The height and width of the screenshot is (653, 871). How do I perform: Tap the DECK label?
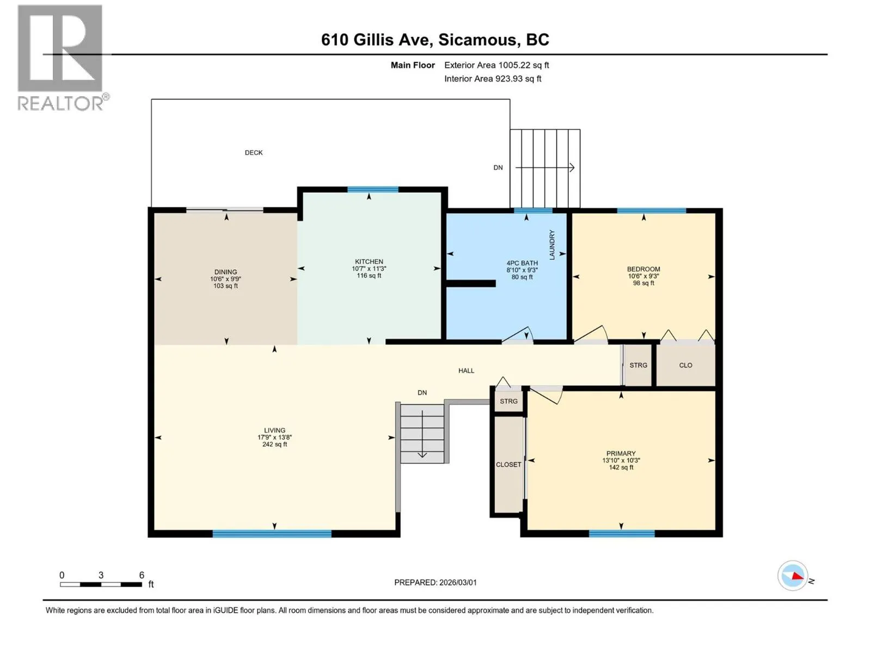coord(254,153)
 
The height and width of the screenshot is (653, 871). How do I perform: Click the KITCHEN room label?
coord(369,262)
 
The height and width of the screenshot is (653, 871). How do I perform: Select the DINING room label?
coord(225,272)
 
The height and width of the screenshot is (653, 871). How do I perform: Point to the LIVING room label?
coord(274,430)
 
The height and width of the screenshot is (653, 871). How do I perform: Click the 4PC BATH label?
coord(522,263)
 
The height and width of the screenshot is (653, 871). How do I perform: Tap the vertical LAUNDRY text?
coord(551,245)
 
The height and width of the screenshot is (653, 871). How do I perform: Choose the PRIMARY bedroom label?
coord(621,453)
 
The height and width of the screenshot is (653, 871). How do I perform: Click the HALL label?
coord(466,371)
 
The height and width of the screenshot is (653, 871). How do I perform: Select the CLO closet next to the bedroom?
coord(685,365)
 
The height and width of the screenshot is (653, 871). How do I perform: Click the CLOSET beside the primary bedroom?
coord(508,464)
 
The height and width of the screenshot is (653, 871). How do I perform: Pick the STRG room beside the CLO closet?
coord(637,365)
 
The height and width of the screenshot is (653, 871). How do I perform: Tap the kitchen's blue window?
coord(372,189)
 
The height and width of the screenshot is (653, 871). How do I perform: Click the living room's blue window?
coord(272,534)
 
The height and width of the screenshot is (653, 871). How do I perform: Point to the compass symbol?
coord(793,576)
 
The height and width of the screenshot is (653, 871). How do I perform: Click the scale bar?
coord(101,584)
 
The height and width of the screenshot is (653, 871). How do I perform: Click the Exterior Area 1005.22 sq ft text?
coord(496,65)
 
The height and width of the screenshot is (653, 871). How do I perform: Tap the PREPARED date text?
coord(436,582)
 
